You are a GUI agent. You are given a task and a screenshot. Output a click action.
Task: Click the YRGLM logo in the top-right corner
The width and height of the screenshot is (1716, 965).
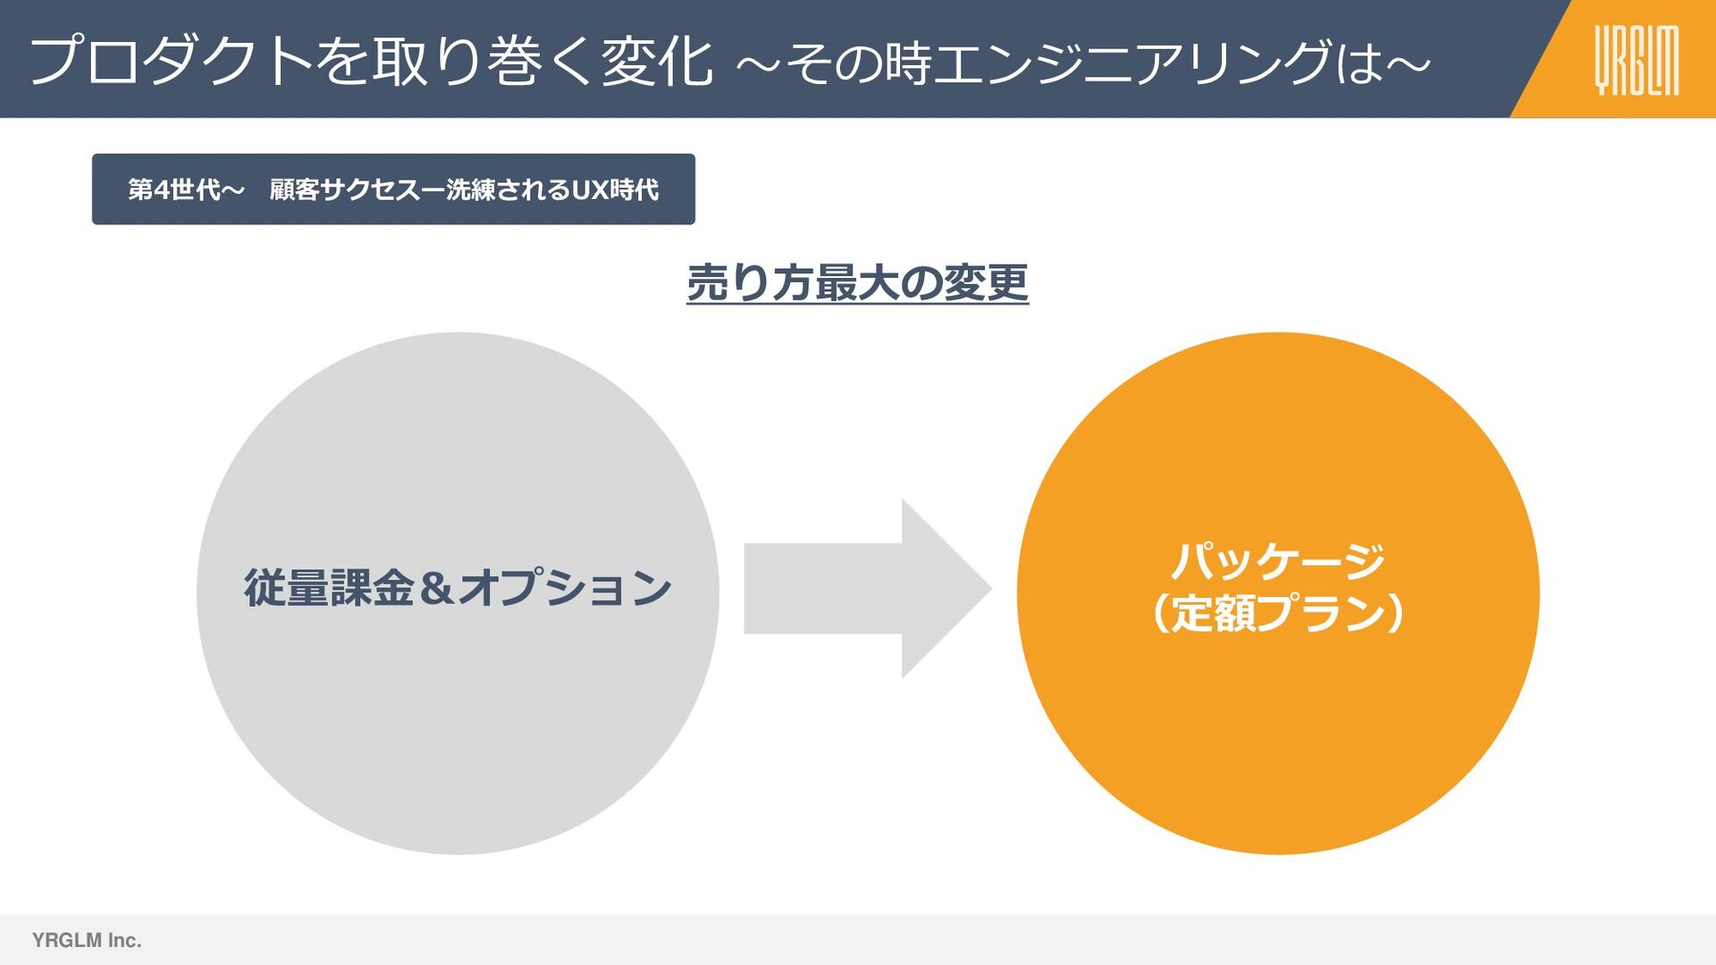click(1636, 60)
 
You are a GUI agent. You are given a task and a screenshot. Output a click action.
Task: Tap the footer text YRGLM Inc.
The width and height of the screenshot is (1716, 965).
click(87, 940)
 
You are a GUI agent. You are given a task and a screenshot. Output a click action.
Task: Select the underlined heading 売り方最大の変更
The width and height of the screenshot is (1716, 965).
click(857, 283)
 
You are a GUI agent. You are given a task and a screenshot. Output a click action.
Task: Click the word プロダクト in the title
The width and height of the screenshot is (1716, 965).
click(171, 61)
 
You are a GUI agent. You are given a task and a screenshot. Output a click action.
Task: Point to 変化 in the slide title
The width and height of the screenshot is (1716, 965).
click(657, 61)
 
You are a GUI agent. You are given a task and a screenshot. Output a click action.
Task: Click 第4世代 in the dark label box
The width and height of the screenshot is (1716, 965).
click(173, 189)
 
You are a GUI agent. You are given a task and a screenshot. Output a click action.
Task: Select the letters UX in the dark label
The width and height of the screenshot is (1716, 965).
click(590, 189)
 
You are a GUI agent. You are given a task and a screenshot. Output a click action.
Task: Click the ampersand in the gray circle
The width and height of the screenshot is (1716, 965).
click(436, 588)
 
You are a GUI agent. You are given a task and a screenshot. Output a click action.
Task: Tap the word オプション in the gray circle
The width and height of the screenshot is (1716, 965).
click(564, 588)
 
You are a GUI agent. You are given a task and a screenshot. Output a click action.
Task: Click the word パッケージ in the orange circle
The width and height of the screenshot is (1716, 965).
click(1278, 561)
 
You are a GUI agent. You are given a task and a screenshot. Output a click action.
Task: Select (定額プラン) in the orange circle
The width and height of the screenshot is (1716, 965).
click(1278, 614)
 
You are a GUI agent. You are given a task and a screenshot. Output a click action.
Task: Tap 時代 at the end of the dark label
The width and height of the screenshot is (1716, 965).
click(635, 189)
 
